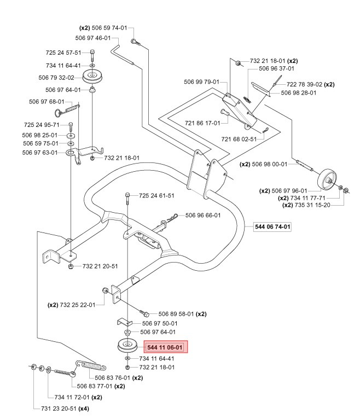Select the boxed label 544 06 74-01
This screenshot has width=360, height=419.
tap(272, 226)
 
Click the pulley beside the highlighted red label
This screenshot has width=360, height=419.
tap(127, 346)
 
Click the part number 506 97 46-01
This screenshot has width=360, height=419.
tap(93, 38)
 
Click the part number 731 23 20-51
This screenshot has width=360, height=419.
tap(59, 409)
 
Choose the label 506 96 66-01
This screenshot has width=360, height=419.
tap(203, 215)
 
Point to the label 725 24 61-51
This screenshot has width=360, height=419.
tap(156, 195)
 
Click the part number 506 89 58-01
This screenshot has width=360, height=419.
tap(177, 314)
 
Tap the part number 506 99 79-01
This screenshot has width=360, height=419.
tap(201, 82)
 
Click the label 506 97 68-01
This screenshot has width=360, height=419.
tap(46, 101)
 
